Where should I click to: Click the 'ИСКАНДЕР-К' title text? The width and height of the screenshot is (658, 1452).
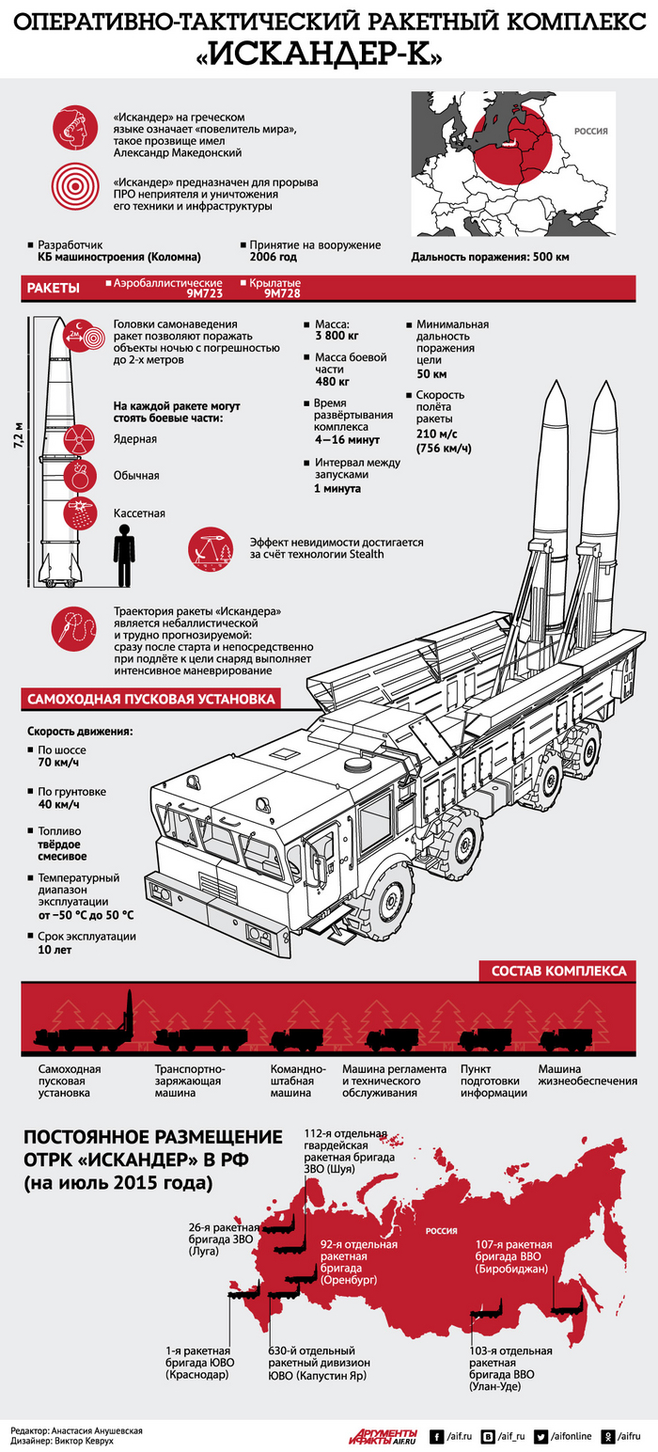[329, 55]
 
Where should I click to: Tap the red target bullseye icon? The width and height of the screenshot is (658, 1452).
[74, 185]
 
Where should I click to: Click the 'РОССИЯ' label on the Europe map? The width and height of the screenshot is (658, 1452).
[590, 132]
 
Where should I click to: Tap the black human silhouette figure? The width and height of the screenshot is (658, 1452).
[124, 555]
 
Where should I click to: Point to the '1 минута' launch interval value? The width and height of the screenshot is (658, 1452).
[338, 488]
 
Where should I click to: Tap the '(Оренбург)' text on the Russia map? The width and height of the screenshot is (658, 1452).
[350, 1281]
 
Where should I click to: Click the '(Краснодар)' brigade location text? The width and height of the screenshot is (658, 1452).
[196, 1375]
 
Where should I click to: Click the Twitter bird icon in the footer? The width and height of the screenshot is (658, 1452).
[541, 1436]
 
